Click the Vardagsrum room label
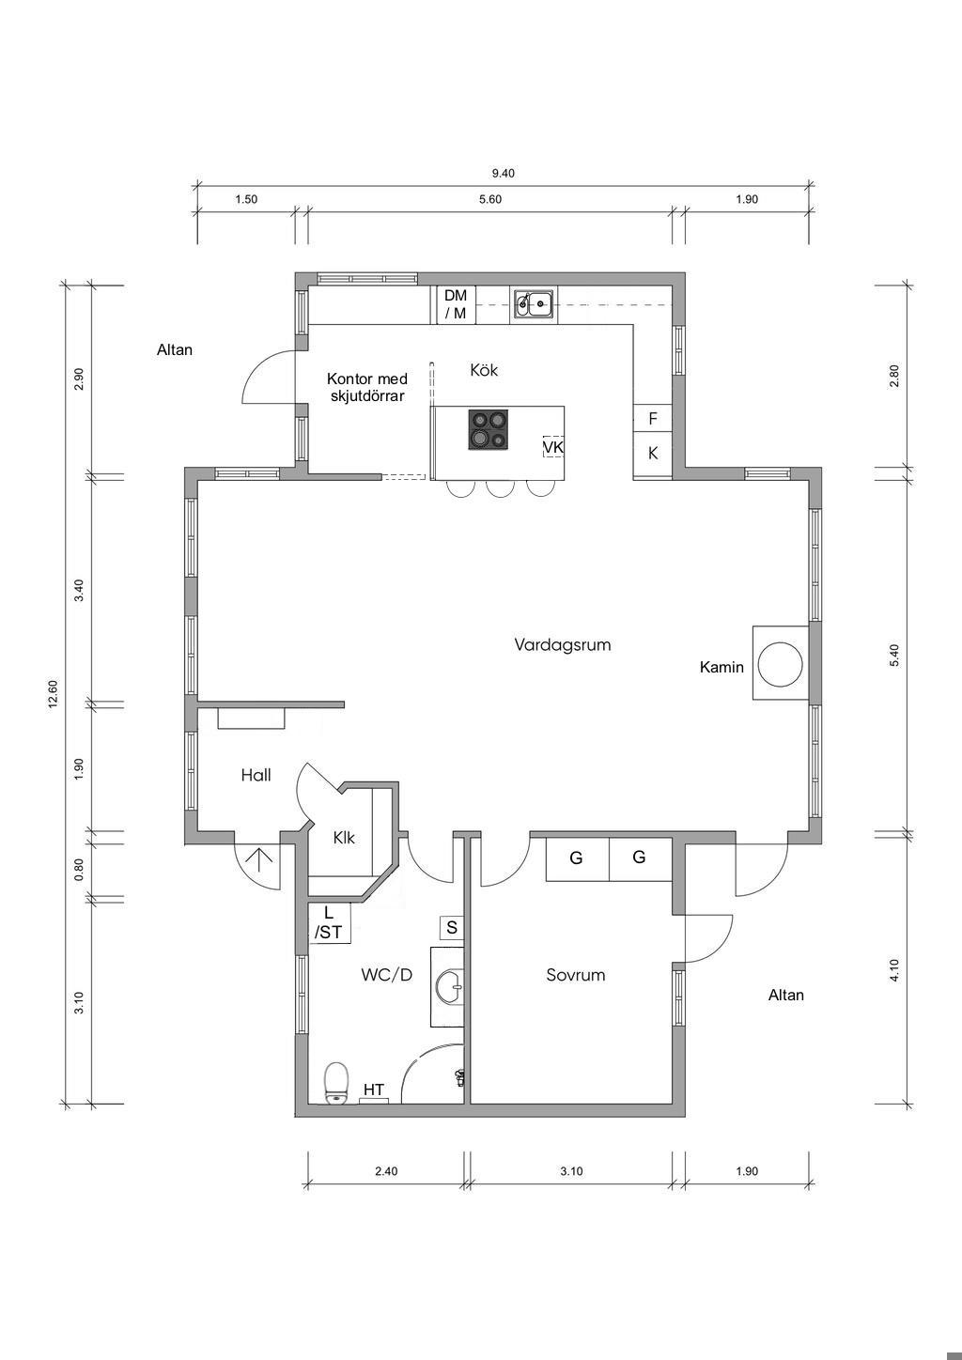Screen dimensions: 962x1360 click(x=563, y=644)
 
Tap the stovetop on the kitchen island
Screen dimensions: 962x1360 click(x=488, y=429)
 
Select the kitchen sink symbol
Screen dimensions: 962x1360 click(x=534, y=303)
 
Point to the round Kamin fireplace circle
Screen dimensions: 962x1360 click(x=782, y=664)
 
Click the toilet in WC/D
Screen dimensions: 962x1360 click(x=335, y=1083)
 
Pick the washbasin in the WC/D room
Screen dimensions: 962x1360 click(x=450, y=987)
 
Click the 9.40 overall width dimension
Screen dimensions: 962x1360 click(x=503, y=173)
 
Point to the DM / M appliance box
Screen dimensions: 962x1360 click(x=456, y=304)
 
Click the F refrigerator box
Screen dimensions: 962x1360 click(x=653, y=418)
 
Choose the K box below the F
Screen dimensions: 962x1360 click(x=653, y=453)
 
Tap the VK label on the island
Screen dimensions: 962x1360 click(x=552, y=447)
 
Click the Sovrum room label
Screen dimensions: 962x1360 click(x=576, y=975)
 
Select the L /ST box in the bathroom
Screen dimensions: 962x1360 click(x=329, y=922)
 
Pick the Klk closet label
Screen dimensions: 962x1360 click(x=344, y=838)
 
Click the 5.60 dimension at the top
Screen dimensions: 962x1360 click(x=490, y=199)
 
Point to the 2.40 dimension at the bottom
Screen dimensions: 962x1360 click(x=386, y=1170)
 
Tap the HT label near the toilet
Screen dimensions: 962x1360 click(x=374, y=1090)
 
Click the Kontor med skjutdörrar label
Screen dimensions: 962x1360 click(x=366, y=387)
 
